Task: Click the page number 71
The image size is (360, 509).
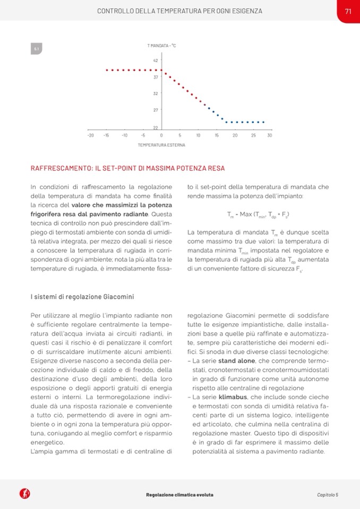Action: [x=348, y=11]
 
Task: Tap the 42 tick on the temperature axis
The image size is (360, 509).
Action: [x=156, y=61]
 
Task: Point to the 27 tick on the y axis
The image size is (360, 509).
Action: [x=156, y=110]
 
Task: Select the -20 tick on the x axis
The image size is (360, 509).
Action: [x=90, y=136]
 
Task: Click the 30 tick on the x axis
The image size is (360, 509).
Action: [x=269, y=136]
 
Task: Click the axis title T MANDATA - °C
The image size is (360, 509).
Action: [x=161, y=46]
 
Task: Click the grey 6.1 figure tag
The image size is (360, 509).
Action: [x=37, y=49]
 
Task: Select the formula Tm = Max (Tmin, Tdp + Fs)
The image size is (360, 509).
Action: [x=258, y=215]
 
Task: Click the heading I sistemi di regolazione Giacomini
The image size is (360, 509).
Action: [x=82, y=296]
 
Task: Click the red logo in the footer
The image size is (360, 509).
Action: [x=24, y=494]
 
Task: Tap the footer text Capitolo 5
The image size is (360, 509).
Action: [x=328, y=495]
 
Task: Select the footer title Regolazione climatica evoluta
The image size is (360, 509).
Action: [x=179, y=495]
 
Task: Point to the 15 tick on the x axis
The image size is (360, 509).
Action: [x=217, y=136]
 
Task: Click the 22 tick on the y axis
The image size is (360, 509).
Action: [x=156, y=128]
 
